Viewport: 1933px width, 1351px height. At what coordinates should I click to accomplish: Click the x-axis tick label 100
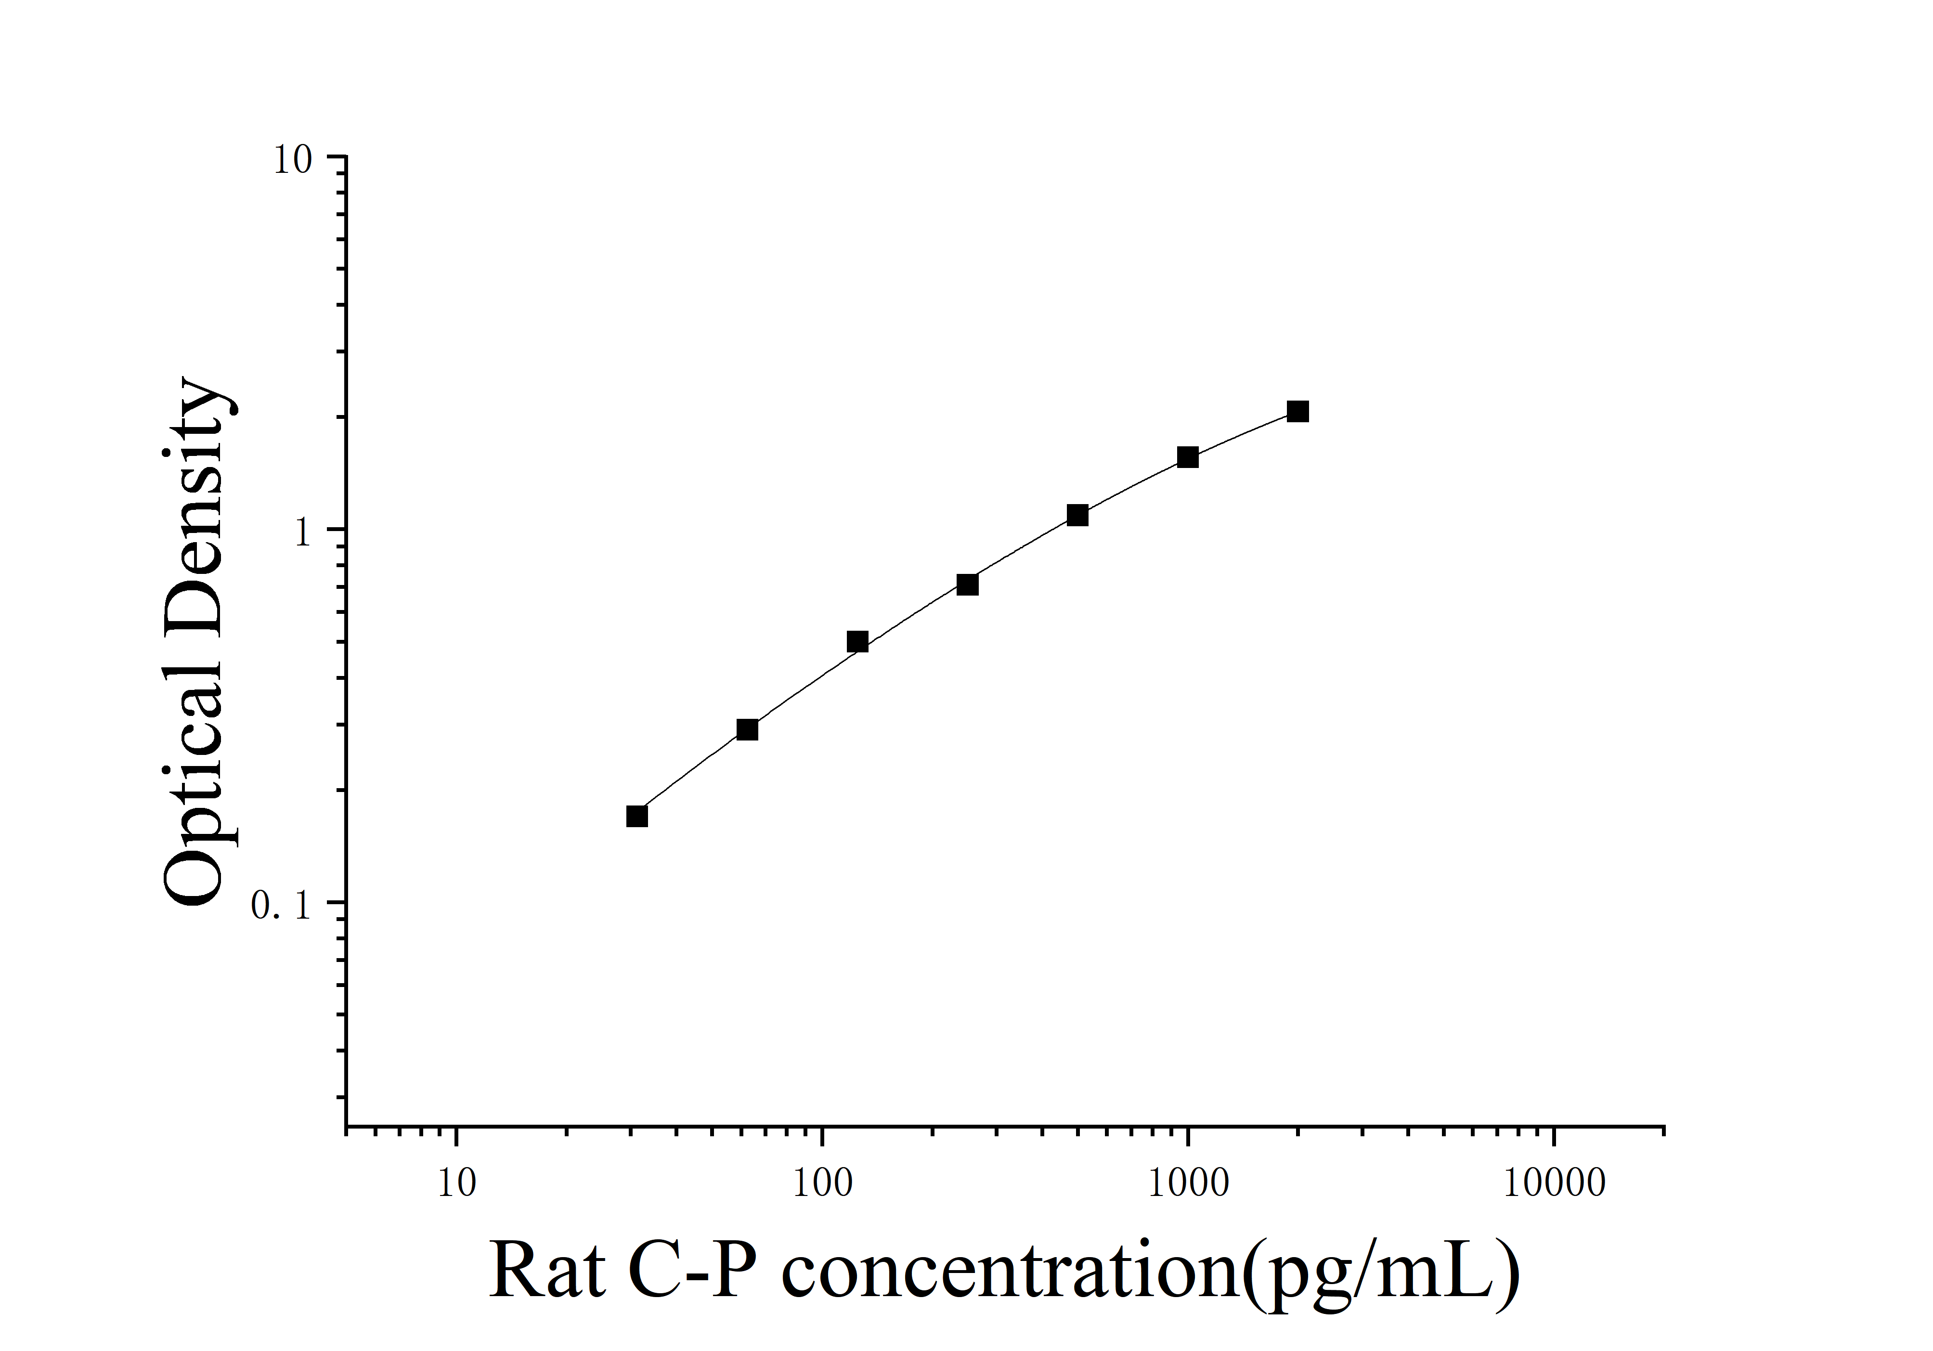tap(822, 1182)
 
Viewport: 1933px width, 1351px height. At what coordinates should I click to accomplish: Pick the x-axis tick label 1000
tap(1188, 1182)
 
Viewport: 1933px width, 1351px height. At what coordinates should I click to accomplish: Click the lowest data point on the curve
tap(637, 816)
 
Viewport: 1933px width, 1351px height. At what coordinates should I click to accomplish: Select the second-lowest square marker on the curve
tap(747, 729)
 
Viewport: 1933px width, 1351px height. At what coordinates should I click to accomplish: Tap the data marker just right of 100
tap(857, 641)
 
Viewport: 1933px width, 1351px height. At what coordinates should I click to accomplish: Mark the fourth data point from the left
tap(967, 584)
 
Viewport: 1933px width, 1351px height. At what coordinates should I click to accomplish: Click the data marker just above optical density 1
tap(1077, 515)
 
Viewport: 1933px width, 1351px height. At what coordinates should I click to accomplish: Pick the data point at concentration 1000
tap(1188, 457)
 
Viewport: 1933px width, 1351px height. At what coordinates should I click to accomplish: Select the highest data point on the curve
tap(1297, 412)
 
